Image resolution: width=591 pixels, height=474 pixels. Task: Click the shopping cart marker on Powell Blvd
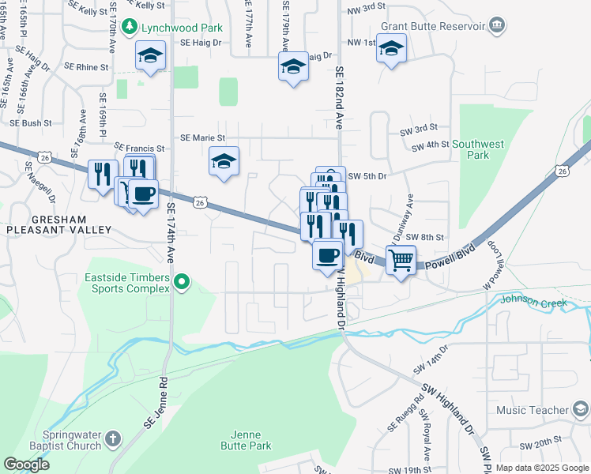pos(401,259)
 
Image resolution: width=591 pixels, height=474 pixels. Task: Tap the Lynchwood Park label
pos(183,28)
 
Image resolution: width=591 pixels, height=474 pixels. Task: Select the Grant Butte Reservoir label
pos(432,26)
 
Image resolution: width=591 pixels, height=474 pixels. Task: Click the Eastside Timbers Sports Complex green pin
pos(183,281)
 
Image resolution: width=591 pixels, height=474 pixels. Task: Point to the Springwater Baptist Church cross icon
pos(113,438)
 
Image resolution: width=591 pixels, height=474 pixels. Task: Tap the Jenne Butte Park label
pos(251,440)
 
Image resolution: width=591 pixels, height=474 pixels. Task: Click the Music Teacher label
pos(533,410)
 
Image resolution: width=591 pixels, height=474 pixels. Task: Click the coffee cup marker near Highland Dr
pos(327,254)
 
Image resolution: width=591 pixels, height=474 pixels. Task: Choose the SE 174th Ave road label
pos(171,233)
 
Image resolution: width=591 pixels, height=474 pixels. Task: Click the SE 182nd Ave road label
pos(340,97)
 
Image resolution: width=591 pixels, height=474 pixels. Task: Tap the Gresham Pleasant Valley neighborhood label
pos(59,224)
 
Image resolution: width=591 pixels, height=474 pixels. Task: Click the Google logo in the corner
pos(26,465)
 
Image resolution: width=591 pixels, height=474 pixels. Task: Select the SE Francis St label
pos(140,148)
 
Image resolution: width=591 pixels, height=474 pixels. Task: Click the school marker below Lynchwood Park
pos(149,56)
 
